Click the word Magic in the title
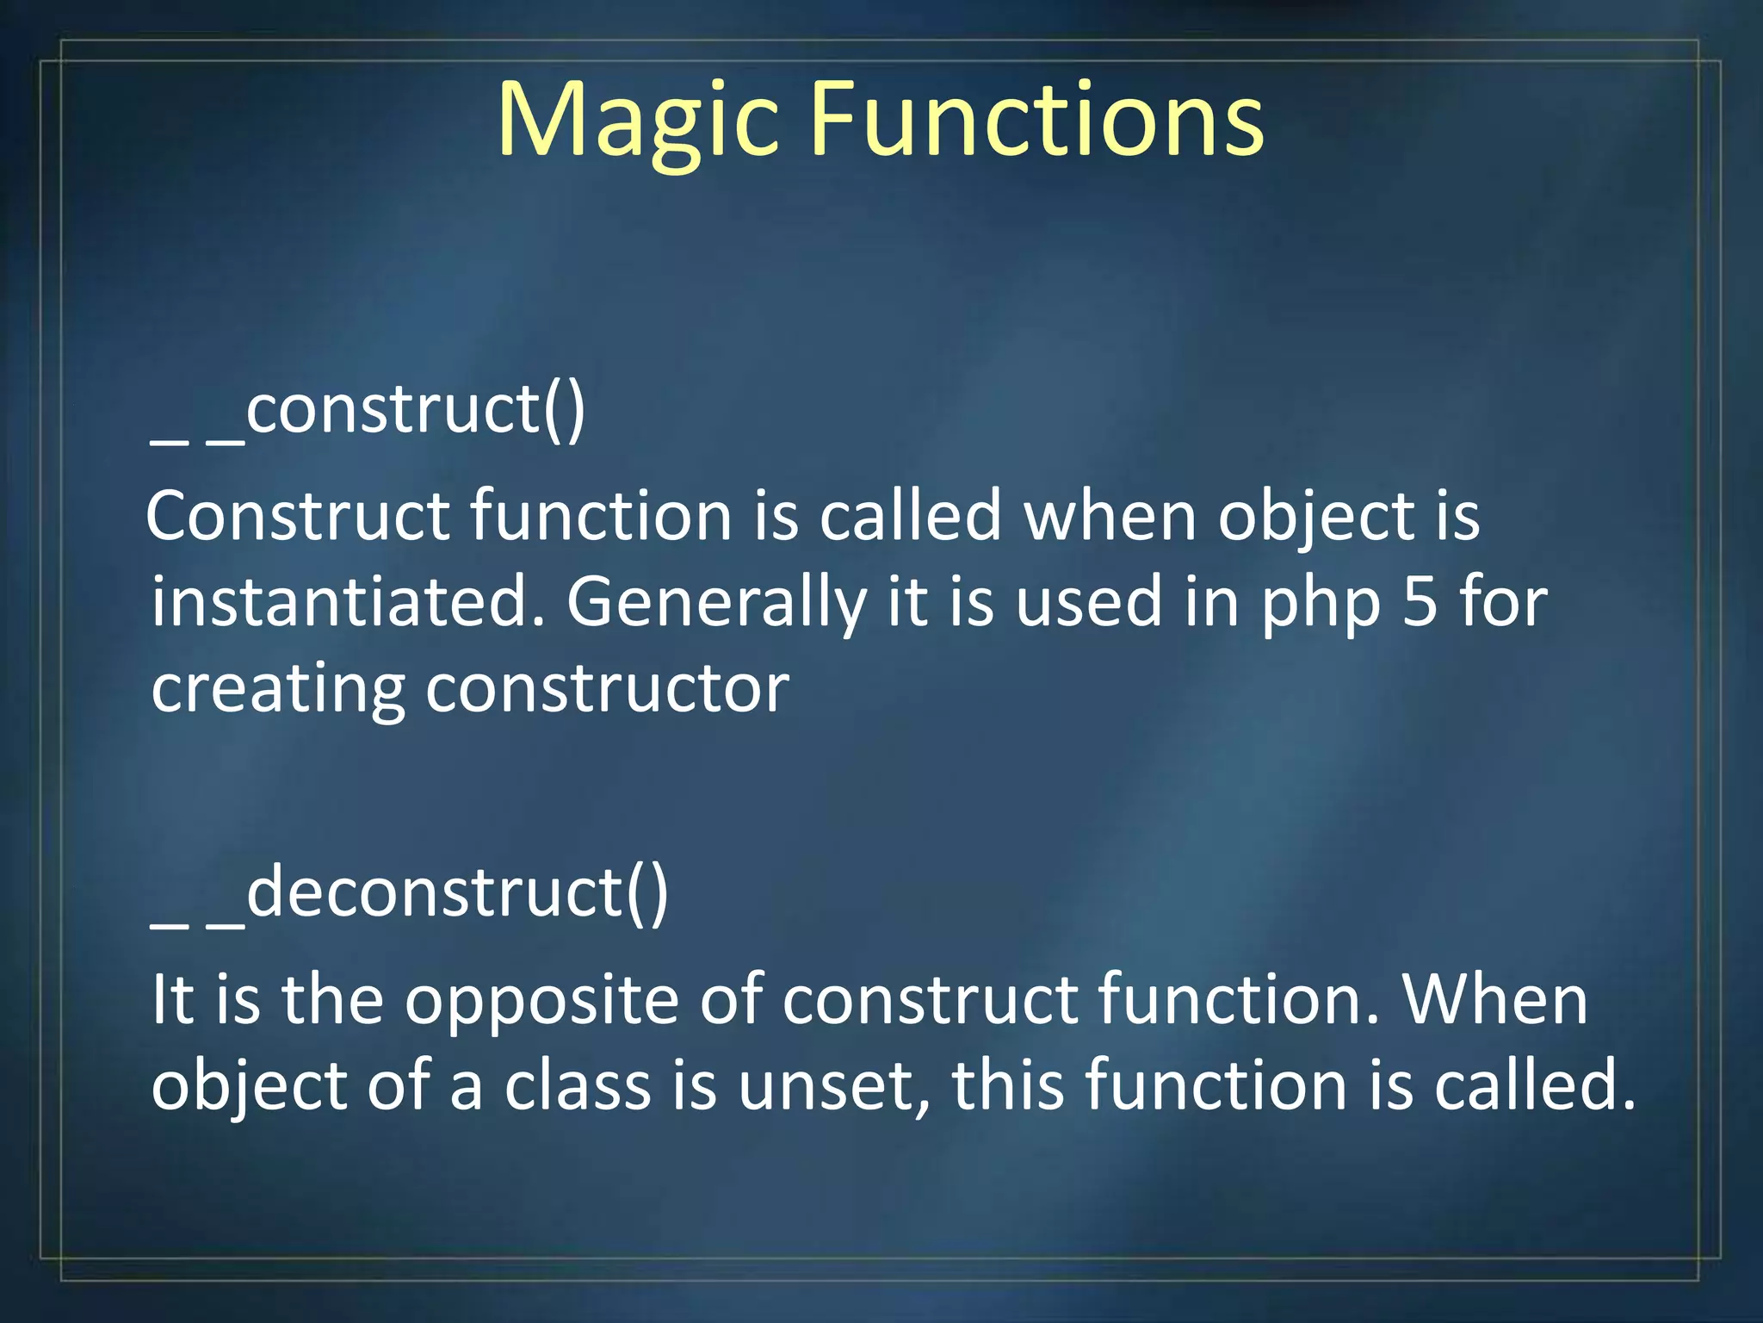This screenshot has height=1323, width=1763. coord(637,121)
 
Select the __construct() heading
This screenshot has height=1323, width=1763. coord(368,412)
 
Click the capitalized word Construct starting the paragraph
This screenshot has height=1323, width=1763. coord(298,517)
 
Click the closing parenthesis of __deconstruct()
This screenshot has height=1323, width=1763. coord(658,896)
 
